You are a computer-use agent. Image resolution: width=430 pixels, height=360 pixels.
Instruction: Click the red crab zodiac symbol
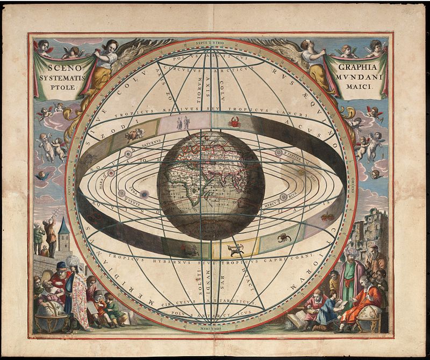tap(234, 123)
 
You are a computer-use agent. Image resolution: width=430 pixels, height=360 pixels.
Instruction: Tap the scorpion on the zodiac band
tap(283, 237)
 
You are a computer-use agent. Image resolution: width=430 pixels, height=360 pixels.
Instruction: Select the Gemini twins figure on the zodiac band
tap(183, 123)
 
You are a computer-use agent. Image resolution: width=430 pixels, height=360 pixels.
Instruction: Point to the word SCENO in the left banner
tap(60, 69)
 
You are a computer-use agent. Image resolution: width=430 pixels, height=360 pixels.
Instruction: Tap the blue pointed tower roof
tap(63, 227)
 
